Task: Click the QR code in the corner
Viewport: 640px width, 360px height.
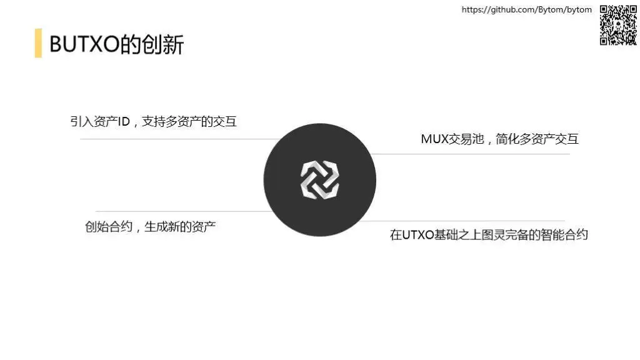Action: click(x=618, y=25)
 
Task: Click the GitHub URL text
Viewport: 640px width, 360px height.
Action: click(x=526, y=9)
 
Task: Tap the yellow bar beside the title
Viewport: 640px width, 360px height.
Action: click(x=38, y=43)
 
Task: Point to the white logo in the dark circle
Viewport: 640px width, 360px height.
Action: click(x=320, y=180)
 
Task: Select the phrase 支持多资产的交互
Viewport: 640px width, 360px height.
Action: click(x=189, y=122)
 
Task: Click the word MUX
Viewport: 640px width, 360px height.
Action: click(x=435, y=139)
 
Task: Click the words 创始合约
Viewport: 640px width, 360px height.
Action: click(x=109, y=226)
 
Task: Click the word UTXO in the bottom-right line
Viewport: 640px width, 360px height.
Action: click(x=418, y=235)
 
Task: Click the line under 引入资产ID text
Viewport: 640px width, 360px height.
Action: click(x=175, y=139)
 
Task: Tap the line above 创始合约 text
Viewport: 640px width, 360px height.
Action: click(x=181, y=211)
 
